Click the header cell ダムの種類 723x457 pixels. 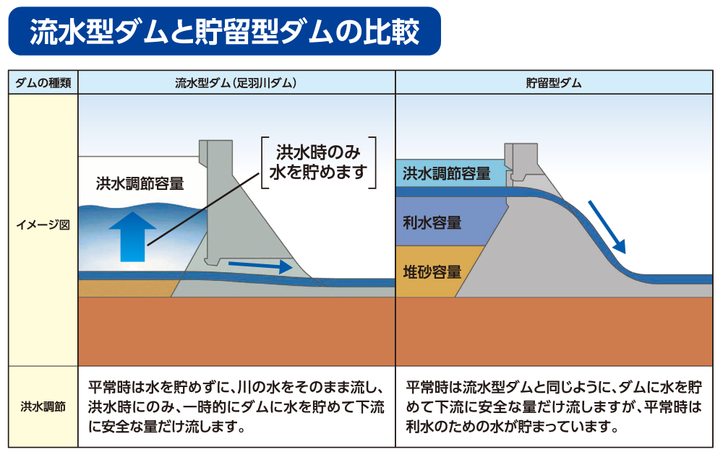tap(43, 83)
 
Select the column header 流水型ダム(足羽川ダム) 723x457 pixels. tap(236, 83)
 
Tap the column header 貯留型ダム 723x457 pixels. tap(554, 83)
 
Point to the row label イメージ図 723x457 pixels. tap(43, 225)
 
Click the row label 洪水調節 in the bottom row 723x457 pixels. tap(43, 407)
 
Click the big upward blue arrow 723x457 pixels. tap(133, 237)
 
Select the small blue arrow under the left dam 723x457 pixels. tap(260, 266)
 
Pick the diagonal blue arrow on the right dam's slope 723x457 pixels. tap(607, 227)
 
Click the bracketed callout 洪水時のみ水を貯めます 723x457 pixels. tap(319, 162)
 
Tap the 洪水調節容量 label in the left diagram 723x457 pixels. tap(140, 183)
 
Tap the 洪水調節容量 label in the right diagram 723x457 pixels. tap(446, 173)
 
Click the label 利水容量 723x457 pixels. tap(432, 223)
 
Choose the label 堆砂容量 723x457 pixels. tap(432, 272)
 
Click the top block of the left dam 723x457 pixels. tap(215, 152)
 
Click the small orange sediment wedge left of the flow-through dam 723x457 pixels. tap(124, 289)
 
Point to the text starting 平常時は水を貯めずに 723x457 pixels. tap(236, 407)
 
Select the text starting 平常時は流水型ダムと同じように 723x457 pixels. tap(554, 407)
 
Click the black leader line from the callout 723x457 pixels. tap(203, 209)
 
